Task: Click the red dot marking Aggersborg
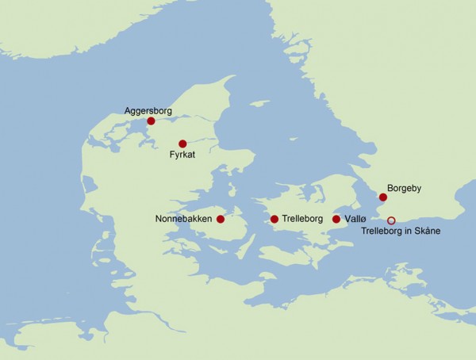[x=151, y=121]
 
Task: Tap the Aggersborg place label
[x=148, y=110]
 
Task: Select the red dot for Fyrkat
[x=182, y=144]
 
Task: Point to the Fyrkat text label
[x=182, y=155]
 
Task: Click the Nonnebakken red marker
[x=221, y=219]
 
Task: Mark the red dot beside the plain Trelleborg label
[x=274, y=219]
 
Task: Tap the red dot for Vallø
[x=336, y=219]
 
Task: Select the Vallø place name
[x=355, y=219]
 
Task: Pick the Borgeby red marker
[x=382, y=197]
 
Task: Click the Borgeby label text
[x=405, y=190]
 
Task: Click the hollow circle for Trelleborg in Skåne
[x=390, y=220]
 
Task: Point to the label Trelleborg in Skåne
[x=400, y=232]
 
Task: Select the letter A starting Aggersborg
[x=128, y=110]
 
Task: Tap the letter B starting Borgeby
[x=390, y=190]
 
